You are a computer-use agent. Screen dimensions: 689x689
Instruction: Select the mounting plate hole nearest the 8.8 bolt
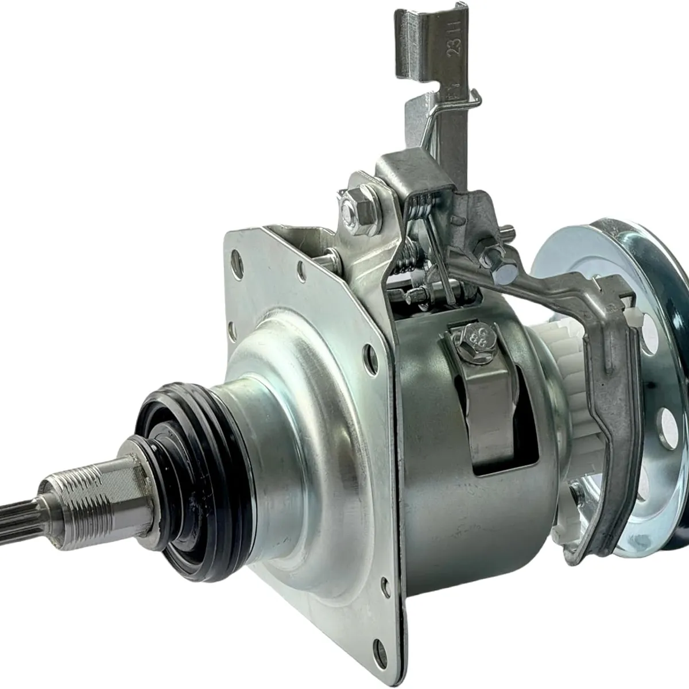(x=365, y=365)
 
